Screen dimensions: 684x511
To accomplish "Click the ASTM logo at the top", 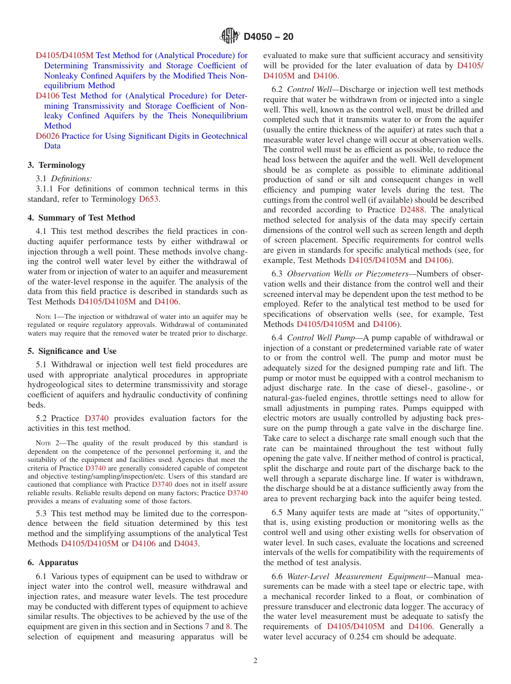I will [x=230, y=37].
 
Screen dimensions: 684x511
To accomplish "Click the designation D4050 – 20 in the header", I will [x=268, y=37].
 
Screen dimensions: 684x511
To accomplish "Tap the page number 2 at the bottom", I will [x=256, y=661].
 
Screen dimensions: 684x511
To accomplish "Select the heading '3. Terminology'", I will [x=56, y=165].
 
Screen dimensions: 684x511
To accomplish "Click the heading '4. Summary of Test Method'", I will [x=81, y=218].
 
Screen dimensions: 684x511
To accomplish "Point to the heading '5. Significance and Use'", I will [x=72, y=351].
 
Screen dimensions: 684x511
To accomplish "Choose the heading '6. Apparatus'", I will [x=53, y=562].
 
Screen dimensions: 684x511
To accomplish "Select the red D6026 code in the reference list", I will [x=47, y=136].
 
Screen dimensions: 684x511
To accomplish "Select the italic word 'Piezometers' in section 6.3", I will [x=385, y=274].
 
